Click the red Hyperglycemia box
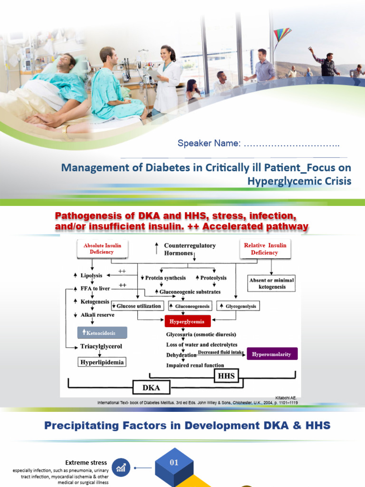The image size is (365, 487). pos(187,321)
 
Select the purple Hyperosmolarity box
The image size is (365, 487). pos(272,353)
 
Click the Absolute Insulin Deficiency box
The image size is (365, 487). pos(102,249)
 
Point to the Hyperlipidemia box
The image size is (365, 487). pos(102,362)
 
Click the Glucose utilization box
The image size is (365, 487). pos(137,306)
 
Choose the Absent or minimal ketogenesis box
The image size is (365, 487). pos(271,283)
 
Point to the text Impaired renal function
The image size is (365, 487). pos(195,365)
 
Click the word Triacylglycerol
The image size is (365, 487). pos(101,347)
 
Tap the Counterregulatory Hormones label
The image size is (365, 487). pos(189,249)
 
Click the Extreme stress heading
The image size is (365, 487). pos(86,462)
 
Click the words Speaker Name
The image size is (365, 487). pos(209,143)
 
